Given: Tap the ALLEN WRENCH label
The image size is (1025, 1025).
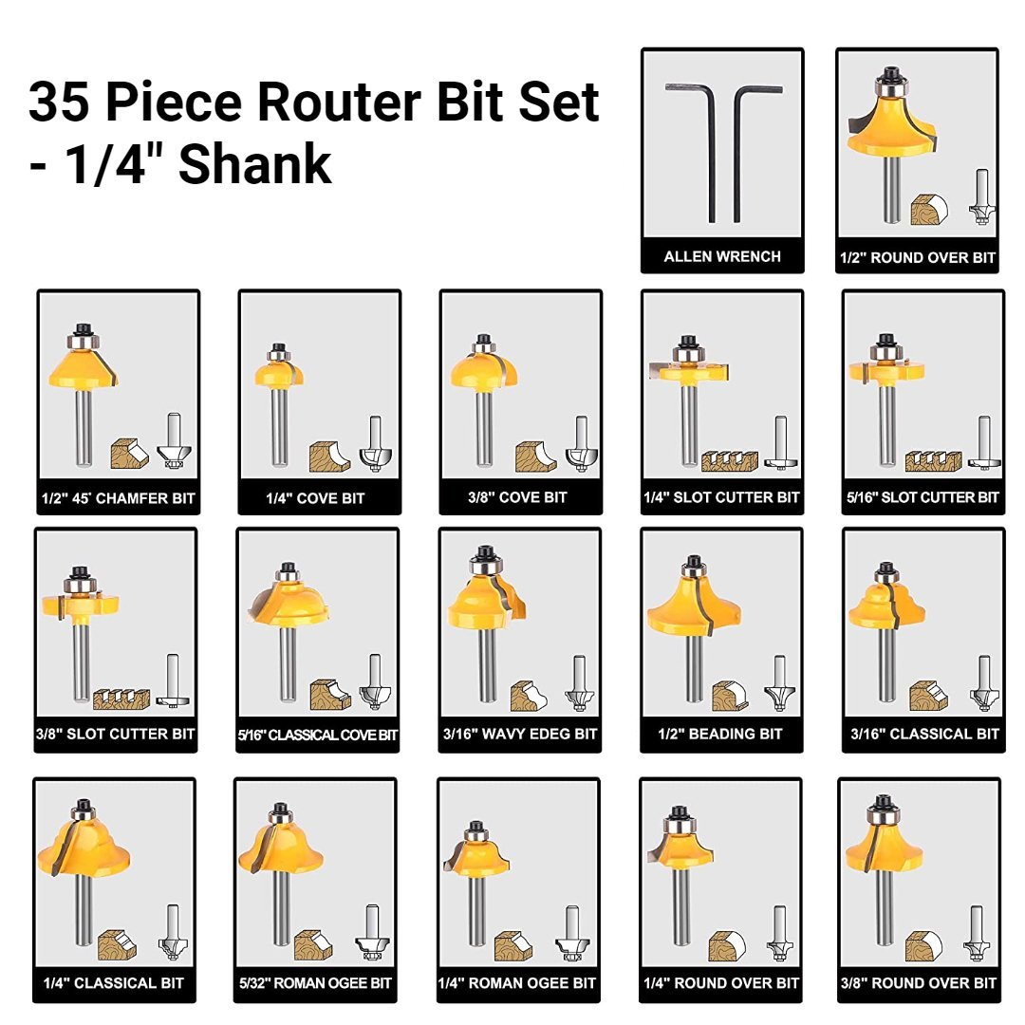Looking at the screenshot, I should [722, 256].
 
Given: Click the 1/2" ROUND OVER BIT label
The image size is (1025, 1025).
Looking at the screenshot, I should [917, 257].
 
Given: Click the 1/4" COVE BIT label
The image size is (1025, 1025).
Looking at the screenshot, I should [316, 498].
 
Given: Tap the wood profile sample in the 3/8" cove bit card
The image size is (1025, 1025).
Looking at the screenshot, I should [535, 457].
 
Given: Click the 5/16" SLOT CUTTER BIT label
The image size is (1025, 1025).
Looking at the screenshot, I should [922, 497].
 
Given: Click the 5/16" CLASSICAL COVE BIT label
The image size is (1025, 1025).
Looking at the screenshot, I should [318, 735].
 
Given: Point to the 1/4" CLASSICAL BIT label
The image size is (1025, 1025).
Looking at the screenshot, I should [114, 983].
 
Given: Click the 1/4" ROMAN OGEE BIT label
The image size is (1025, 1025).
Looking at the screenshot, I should [517, 983].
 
